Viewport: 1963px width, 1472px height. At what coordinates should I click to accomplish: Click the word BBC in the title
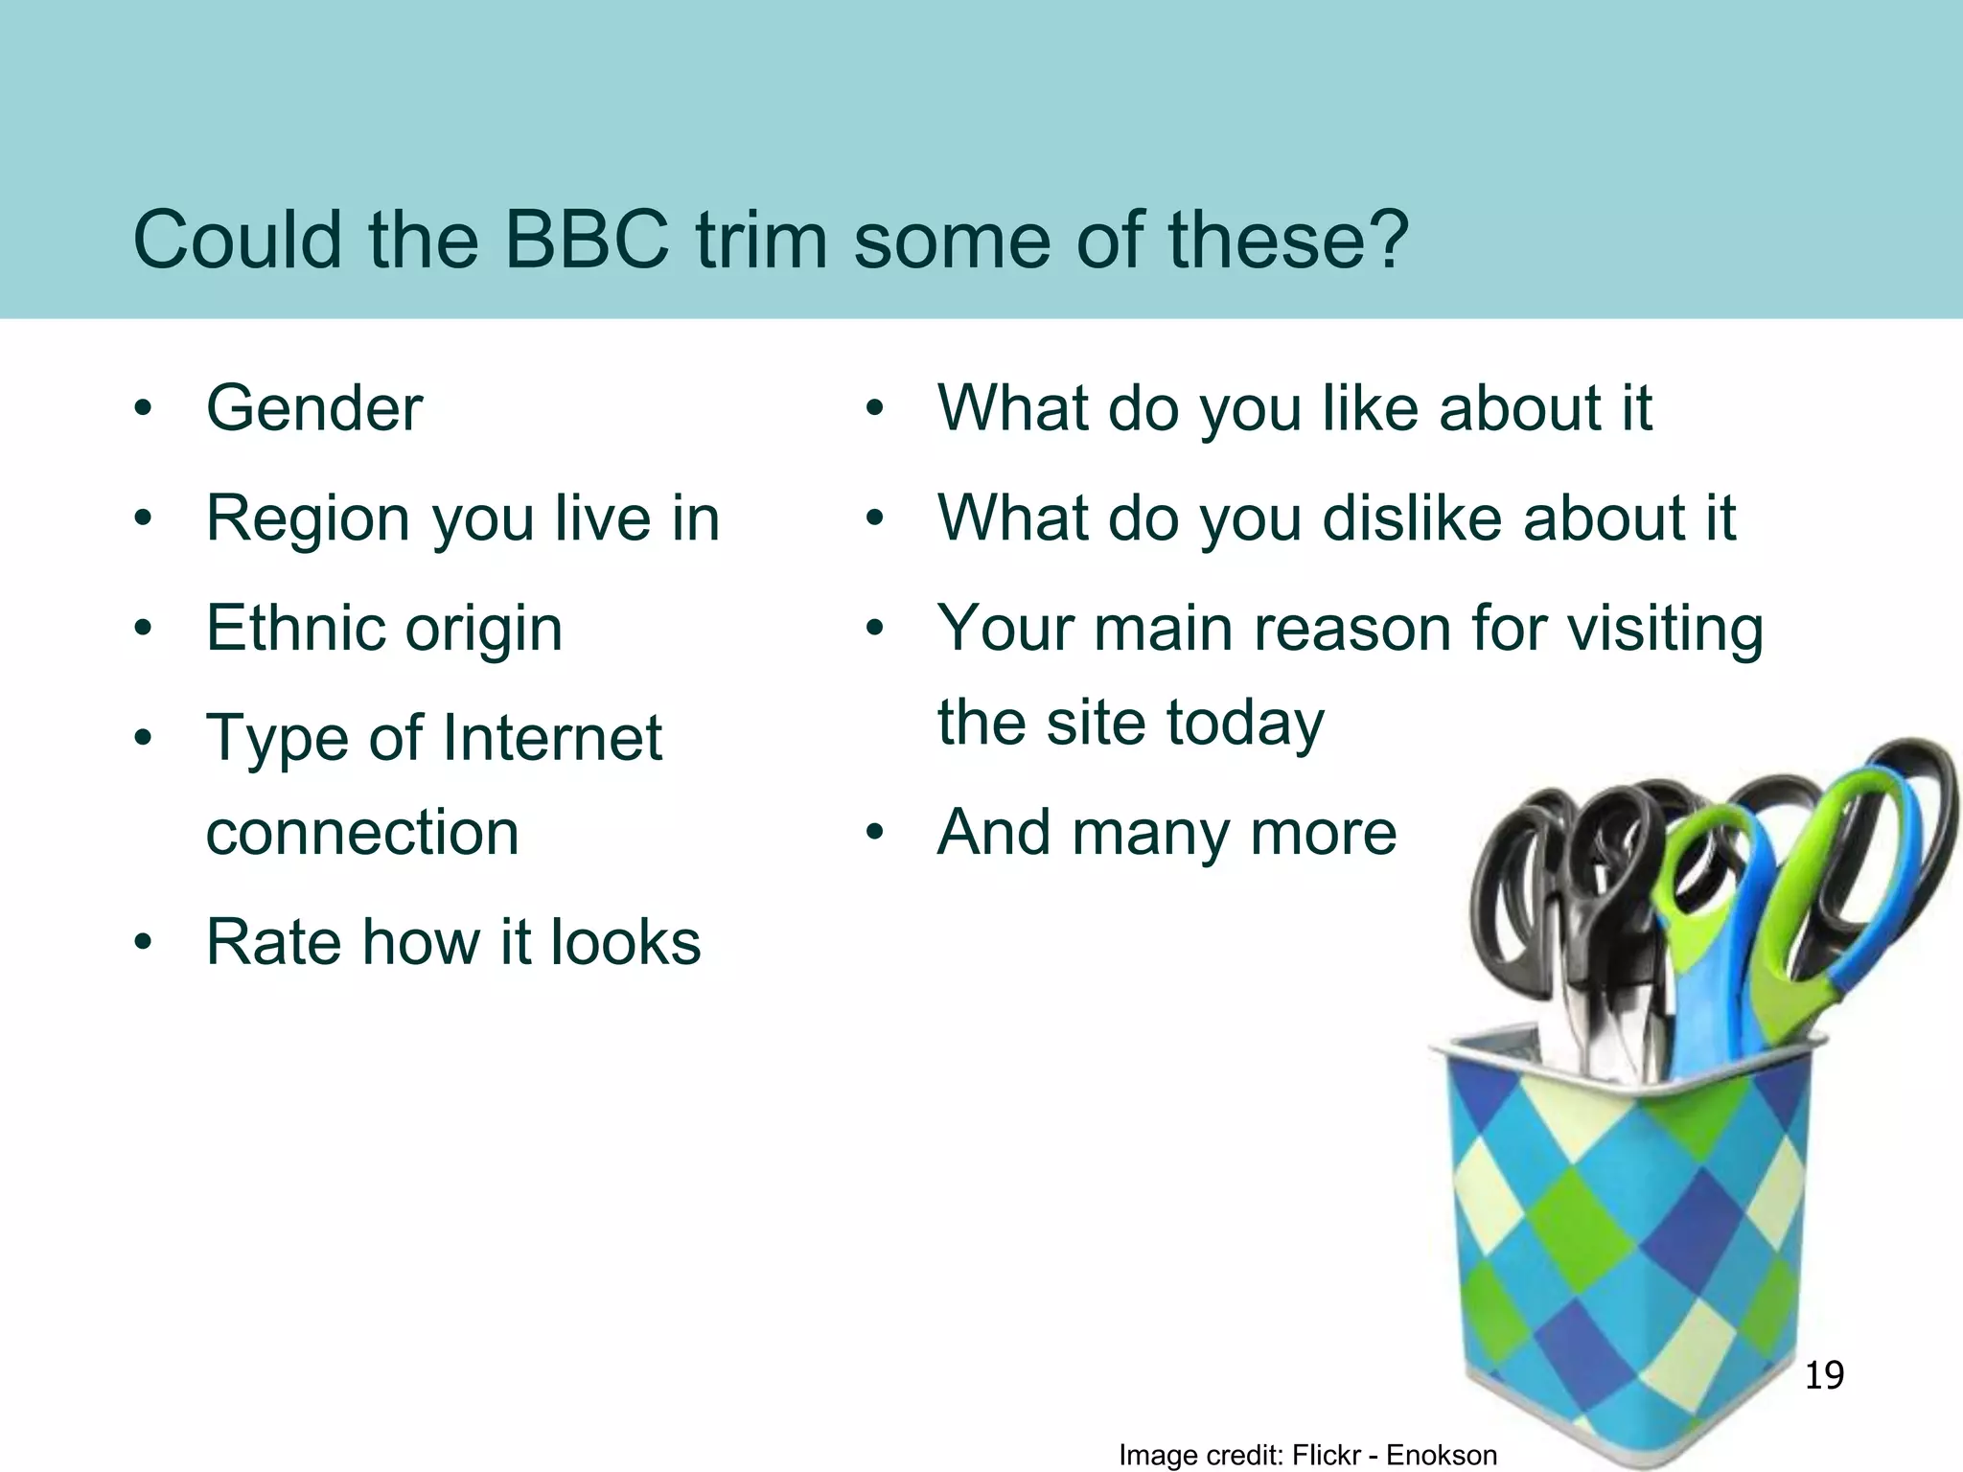pos(587,240)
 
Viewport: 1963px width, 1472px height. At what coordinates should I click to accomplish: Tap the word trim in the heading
pos(761,240)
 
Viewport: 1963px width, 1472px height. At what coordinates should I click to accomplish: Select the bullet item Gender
pos(314,409)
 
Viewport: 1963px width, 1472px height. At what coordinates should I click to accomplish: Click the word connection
pos(362,832)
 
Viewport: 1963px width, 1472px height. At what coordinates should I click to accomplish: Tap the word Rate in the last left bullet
pos(273,942)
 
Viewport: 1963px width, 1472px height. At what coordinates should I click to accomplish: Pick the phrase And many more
pos(1166,832)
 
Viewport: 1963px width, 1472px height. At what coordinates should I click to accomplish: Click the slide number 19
pos(1824,1375)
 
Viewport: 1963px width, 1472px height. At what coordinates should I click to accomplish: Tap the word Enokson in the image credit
pos(1442,1455)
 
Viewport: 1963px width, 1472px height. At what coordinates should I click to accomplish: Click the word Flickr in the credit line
pos(1328,1455)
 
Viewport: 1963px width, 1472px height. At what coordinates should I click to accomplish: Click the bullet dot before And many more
pos(873,833)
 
